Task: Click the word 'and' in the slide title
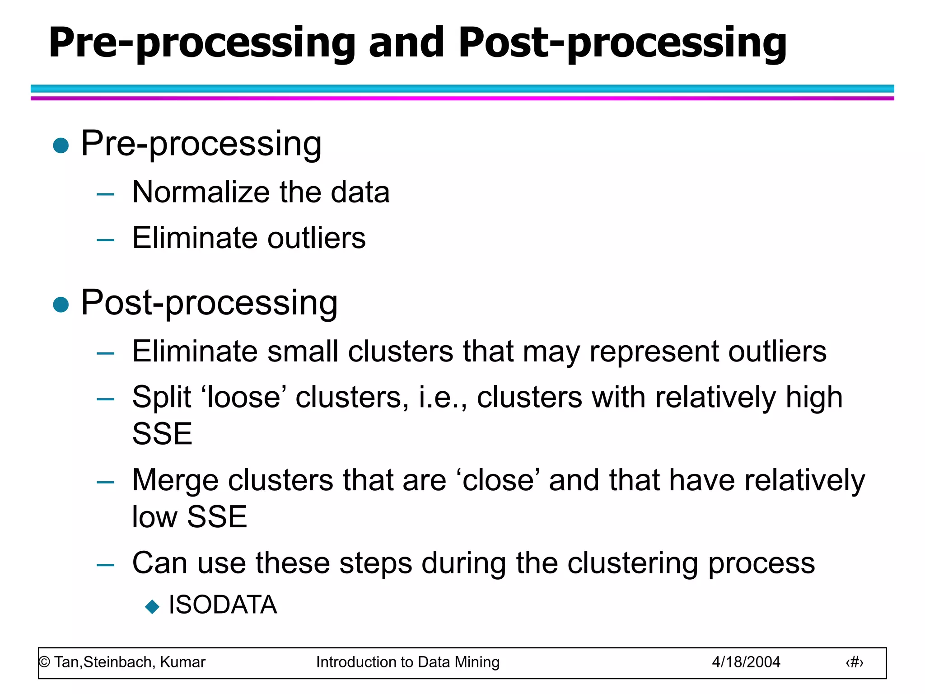point(406,42)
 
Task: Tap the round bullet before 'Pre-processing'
point(61,145)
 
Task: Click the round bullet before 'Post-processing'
point(61,305)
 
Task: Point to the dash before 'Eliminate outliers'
point(105,240)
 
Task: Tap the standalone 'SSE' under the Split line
point(162,434)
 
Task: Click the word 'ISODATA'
point(223,605)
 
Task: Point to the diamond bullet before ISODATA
point(152,606)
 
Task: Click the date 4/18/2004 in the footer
point(746,662)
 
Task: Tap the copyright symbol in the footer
point(44,662)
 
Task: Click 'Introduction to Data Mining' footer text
point(407,662)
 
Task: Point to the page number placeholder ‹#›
point(854,662)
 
